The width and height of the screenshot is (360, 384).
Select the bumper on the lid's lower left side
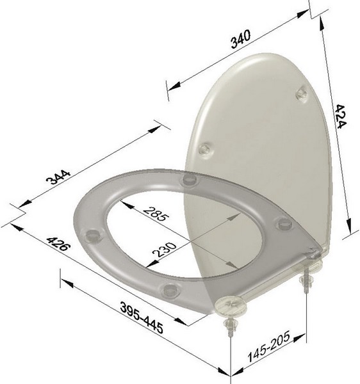[x=204, y=149]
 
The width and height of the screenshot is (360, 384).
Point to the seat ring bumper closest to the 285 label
[x=188, y=180]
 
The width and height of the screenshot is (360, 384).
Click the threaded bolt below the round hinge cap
[x=229, y=328]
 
